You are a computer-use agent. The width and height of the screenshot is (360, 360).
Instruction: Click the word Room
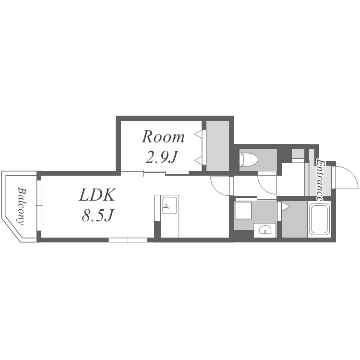(163, 137)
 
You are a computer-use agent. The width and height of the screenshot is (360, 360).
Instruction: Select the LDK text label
(97, 195)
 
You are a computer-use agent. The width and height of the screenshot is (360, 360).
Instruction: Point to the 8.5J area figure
(97, 216)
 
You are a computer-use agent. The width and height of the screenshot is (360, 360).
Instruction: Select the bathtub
(319, 219)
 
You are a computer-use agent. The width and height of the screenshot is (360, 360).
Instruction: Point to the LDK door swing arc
(220, 185)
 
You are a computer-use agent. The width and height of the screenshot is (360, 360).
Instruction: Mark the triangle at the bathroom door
(285, 207)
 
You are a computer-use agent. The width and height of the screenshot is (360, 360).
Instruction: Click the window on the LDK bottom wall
(128, 240)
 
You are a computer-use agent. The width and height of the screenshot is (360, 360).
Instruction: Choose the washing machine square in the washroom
(243, 210)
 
